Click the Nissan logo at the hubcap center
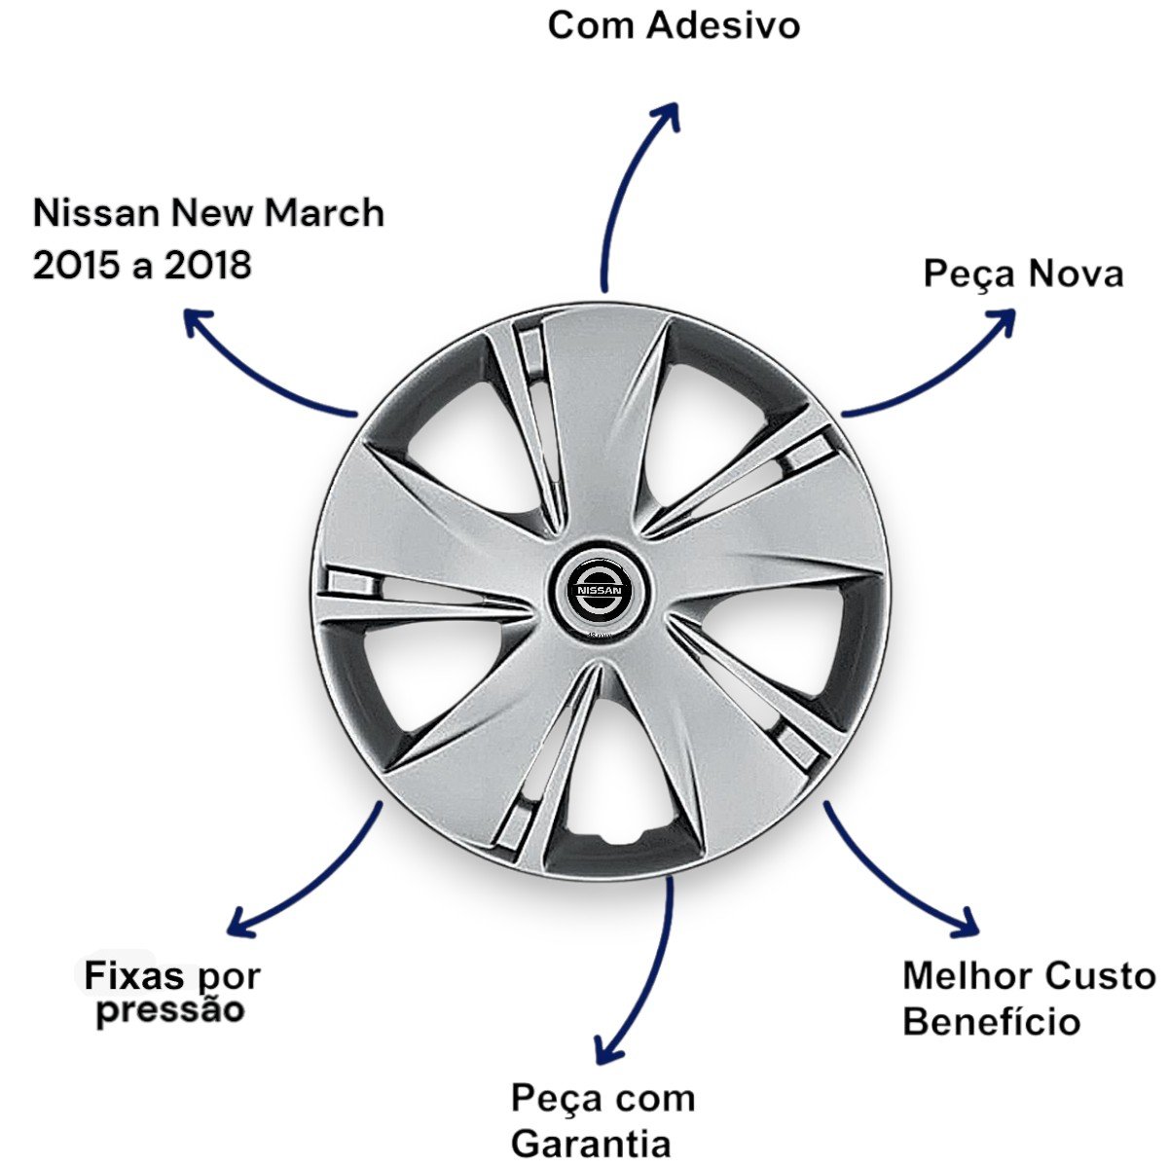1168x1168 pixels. [x=598, y=592]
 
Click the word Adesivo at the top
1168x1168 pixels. [x=722, y=25]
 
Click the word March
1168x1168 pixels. [x=325, y=212]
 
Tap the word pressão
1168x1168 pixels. [x=170, y=1009]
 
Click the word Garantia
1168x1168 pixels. [x=591, y=1143]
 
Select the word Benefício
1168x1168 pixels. [x=991, y=1022]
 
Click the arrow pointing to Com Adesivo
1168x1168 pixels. [x=623, y=185]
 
